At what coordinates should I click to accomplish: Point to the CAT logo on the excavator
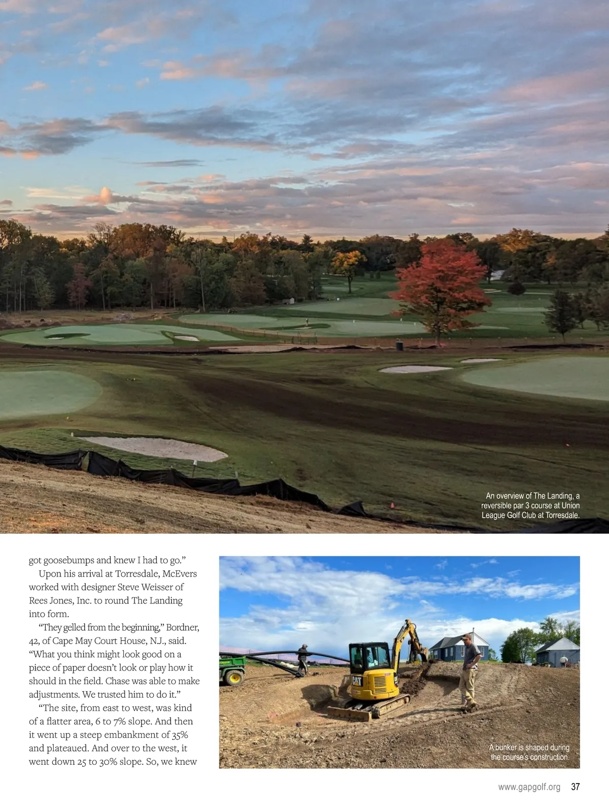coord(357,681)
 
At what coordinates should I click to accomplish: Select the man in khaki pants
coord(469,670)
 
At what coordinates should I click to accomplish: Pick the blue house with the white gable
coord(459,648)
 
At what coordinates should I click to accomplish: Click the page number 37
coord(575,787)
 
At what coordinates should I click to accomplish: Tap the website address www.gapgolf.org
coord(529,787)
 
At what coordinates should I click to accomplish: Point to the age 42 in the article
coord(35,641)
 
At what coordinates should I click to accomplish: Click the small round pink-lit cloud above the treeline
coord(106,194)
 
